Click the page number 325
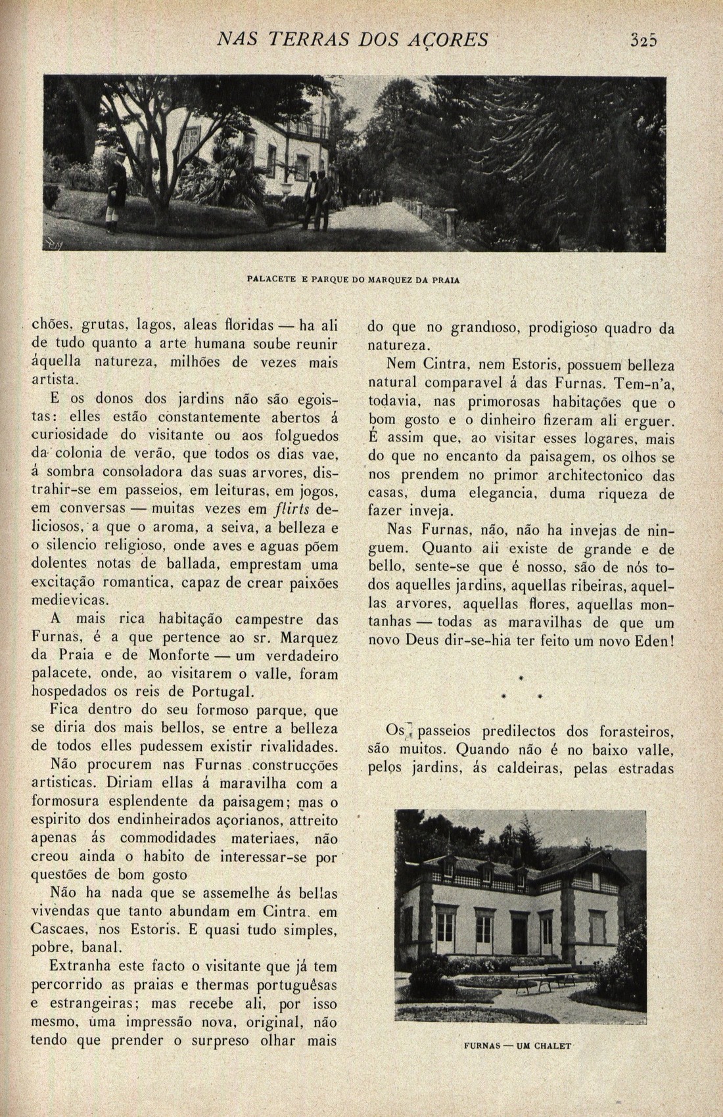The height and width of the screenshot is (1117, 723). coord(643,41)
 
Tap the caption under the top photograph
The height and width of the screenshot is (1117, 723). coord(354,279)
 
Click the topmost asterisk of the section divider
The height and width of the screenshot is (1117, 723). coord(521,677)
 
